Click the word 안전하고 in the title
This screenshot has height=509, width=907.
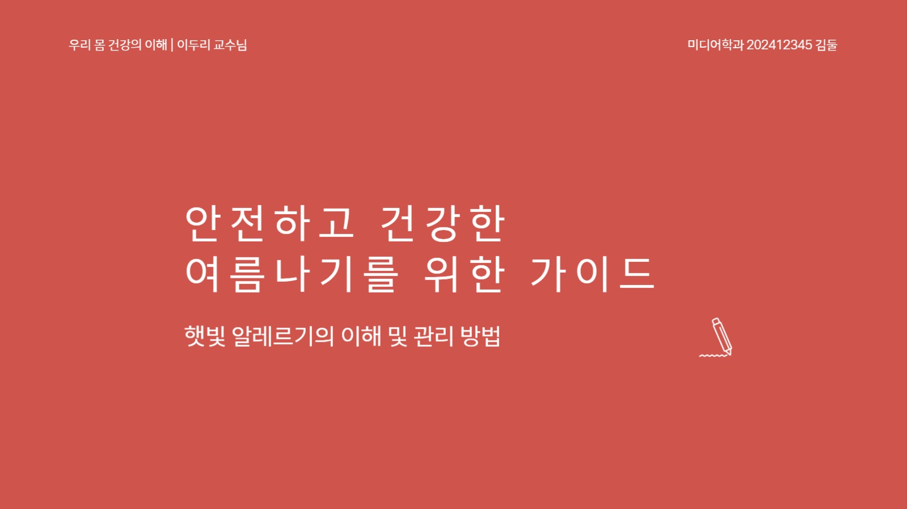click(269, 223)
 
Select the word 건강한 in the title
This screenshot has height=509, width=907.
click(442, 223)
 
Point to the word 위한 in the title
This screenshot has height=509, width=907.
click(464, 274)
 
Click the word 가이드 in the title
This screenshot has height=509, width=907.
click(592, 274)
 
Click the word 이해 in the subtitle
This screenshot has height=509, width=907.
click(361, 336)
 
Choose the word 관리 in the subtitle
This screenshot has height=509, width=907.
click(433, 336)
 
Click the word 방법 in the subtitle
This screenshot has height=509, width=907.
click(480, 336)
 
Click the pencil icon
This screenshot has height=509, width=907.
click(722, 336)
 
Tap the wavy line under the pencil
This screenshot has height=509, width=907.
click(712, 356)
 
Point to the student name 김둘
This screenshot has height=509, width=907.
click(826, 45)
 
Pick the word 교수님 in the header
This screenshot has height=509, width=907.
click(230, 45)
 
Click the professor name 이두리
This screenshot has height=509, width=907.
click(193, 45)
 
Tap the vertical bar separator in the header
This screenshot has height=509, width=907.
click(172, 45)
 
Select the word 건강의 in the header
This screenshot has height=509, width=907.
click(125, 45)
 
